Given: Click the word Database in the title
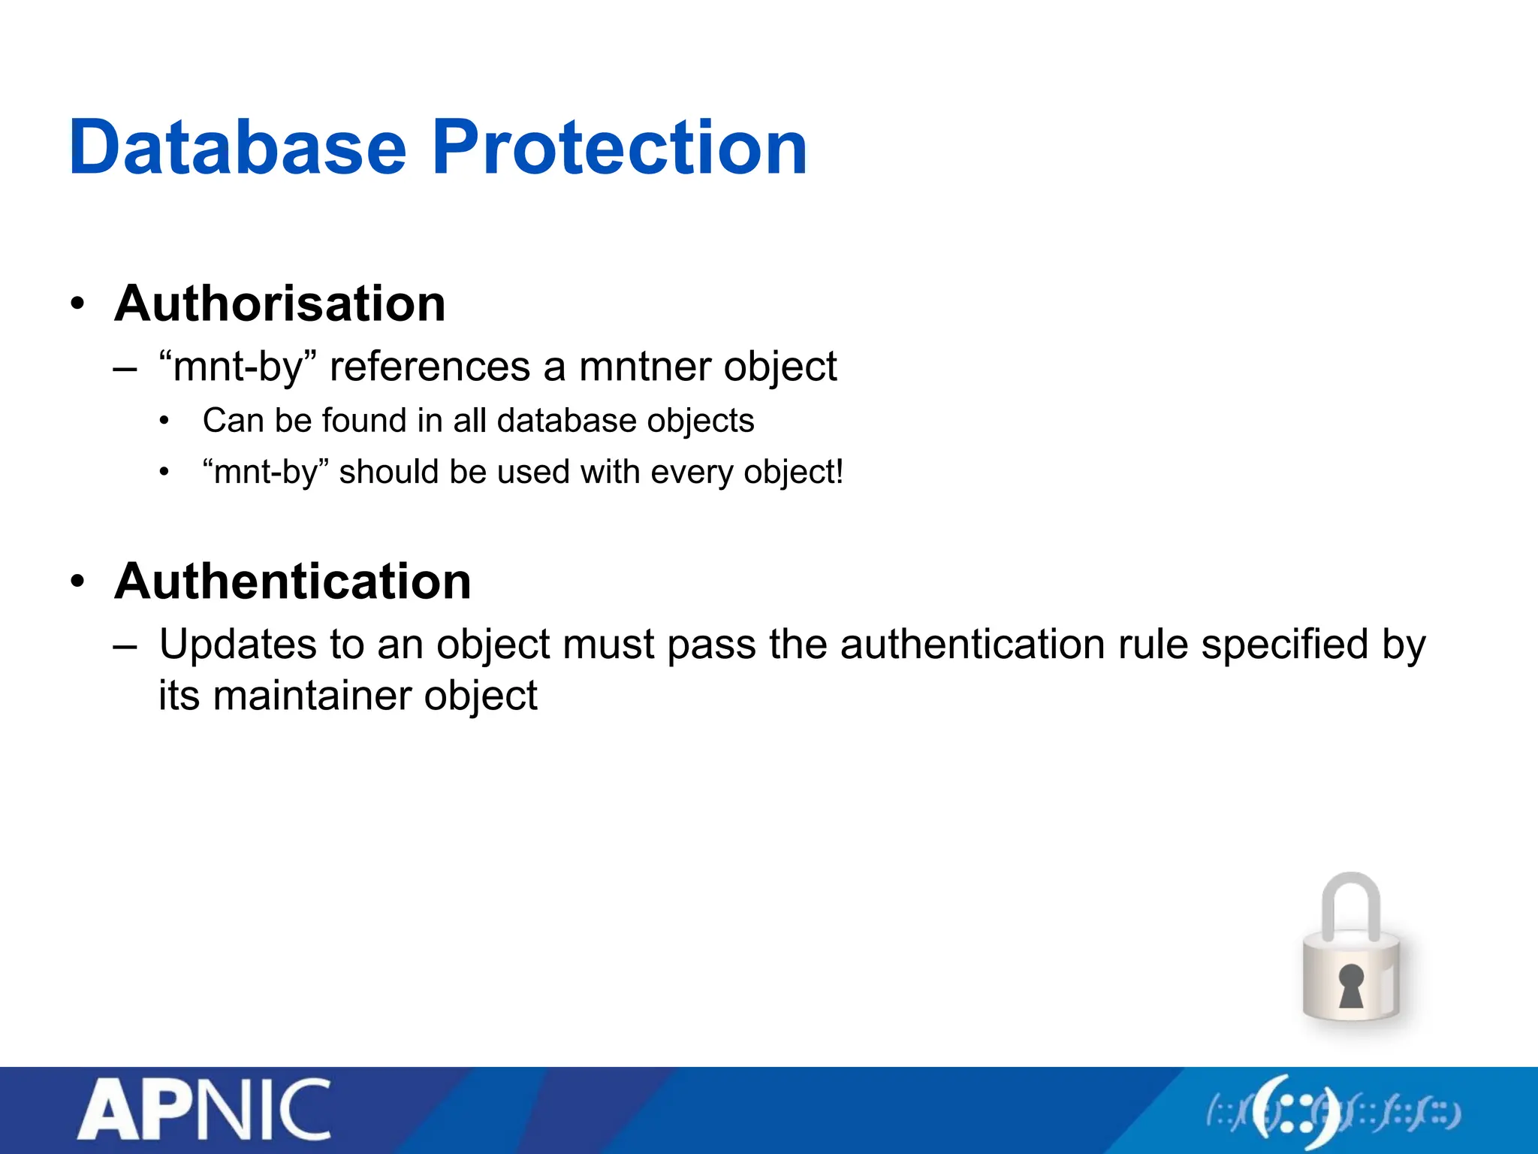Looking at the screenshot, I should coord(237,148).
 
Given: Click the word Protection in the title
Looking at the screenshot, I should coord(620,148).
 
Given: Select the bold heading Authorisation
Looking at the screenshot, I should coord(280,304).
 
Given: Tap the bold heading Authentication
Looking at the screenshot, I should coord(293,582).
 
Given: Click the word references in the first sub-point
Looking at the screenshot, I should coord(430,367).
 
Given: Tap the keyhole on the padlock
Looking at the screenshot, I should coord(1351,985).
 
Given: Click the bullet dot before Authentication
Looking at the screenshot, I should coord(77,582).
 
